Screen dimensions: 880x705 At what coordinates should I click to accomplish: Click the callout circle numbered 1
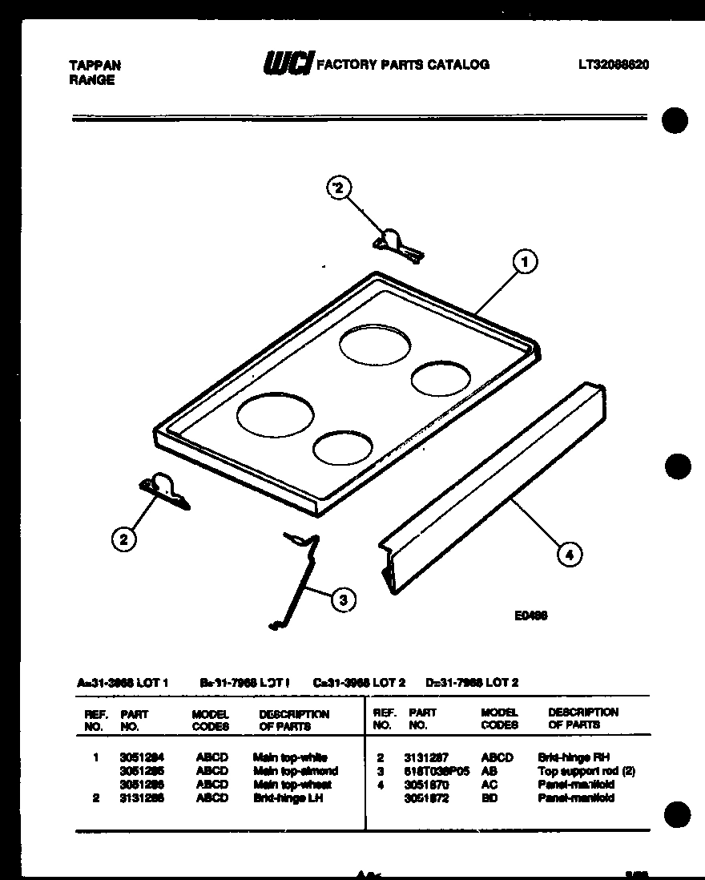(524, 261)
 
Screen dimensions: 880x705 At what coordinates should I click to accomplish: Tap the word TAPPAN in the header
(95, 66)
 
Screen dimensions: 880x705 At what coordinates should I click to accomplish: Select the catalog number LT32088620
(613, 65)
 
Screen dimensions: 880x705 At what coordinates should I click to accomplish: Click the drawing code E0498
(530, 616)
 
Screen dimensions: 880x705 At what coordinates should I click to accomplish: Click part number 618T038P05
(437, 771)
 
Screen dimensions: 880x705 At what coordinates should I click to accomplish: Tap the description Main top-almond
(295, 771)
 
